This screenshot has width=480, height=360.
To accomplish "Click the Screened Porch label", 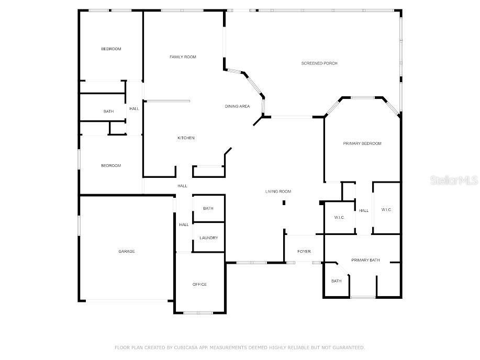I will pos(319,63).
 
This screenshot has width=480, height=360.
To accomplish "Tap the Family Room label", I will pos(183,57).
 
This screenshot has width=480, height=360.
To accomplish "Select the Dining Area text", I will pos(237,106).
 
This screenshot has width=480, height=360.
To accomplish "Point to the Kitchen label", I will pos(186,138).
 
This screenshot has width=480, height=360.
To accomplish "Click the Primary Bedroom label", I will pos(362,143).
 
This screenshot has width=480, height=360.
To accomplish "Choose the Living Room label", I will pos(278,192).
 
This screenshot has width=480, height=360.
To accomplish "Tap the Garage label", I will pos(126,251).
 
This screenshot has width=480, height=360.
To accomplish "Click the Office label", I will pos(199,284).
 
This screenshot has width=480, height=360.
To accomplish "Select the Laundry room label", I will pos(208,238).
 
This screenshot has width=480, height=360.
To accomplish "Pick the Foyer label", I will pos(304,251).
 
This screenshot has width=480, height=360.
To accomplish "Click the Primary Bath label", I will pos(365,260).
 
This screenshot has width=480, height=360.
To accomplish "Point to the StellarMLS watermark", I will pos(454,181).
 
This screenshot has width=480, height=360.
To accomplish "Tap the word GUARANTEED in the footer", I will pos(347,347).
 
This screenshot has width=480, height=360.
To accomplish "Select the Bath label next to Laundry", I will pos(208,208).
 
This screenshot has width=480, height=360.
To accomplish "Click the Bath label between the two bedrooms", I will pos(108,111).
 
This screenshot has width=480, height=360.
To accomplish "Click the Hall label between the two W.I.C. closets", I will pos(364,210).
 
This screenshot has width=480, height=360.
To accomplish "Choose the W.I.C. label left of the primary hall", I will pos(339,218).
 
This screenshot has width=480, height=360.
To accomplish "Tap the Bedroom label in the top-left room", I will pos(111,49).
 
